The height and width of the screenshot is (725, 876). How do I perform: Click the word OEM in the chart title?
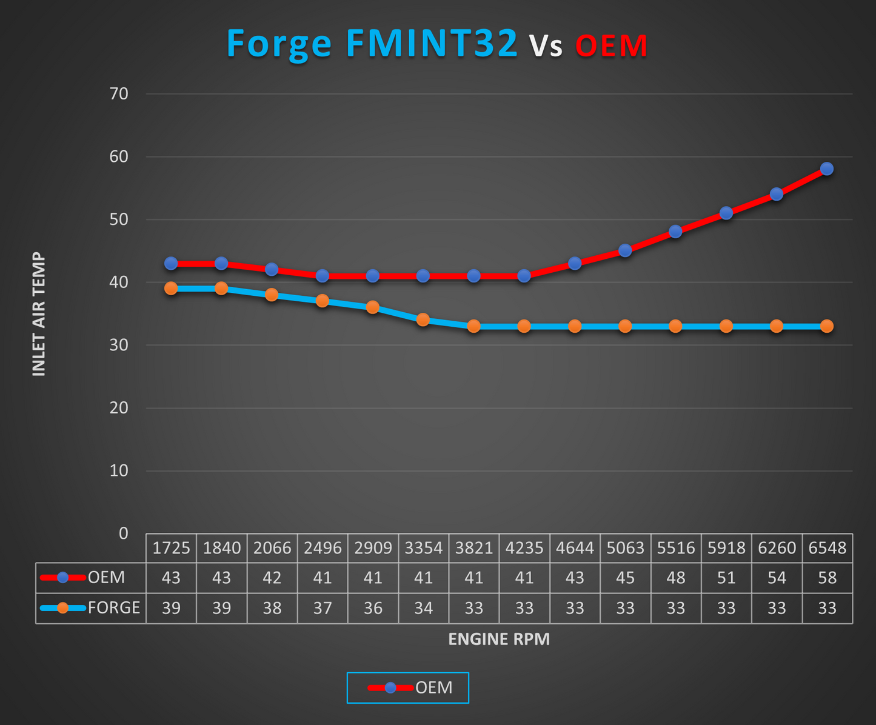(x=611, y=46)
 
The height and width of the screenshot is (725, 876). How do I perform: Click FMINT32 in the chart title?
(x=432, y=44)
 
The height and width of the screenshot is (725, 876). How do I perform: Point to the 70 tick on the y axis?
(x=119, y=94)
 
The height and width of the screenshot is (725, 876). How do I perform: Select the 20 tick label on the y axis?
(x=119, y=408)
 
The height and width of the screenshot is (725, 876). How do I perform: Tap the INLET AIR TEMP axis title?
(x=39, y=314)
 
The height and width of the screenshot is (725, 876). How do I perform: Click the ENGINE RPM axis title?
(x=499, y=640)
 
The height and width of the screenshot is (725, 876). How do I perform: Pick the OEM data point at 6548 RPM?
(x=827, y=169)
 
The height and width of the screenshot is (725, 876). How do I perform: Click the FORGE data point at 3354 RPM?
(x=423, y=319)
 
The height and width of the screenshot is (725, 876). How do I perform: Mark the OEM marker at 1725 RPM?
(x=171, y=263)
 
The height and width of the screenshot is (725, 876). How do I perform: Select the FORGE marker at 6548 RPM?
(x=827, y=326)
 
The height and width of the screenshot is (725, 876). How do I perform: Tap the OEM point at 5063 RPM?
(x=625, y=250)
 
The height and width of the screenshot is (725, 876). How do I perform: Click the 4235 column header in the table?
(x=524, y=548)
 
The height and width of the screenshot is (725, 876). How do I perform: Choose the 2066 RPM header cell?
(x=272, y=548)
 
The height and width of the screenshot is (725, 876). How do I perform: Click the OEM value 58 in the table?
(x=827, y=578)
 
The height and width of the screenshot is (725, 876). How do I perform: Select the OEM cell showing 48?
(x=676, y=578)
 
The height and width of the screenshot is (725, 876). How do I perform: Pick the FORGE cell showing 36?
(x=373, y=608)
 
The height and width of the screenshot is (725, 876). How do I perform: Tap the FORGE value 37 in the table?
(x=323, y=608)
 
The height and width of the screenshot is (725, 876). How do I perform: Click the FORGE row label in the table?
(x=113, y=608)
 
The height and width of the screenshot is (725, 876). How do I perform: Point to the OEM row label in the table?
(x=106, y=578)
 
